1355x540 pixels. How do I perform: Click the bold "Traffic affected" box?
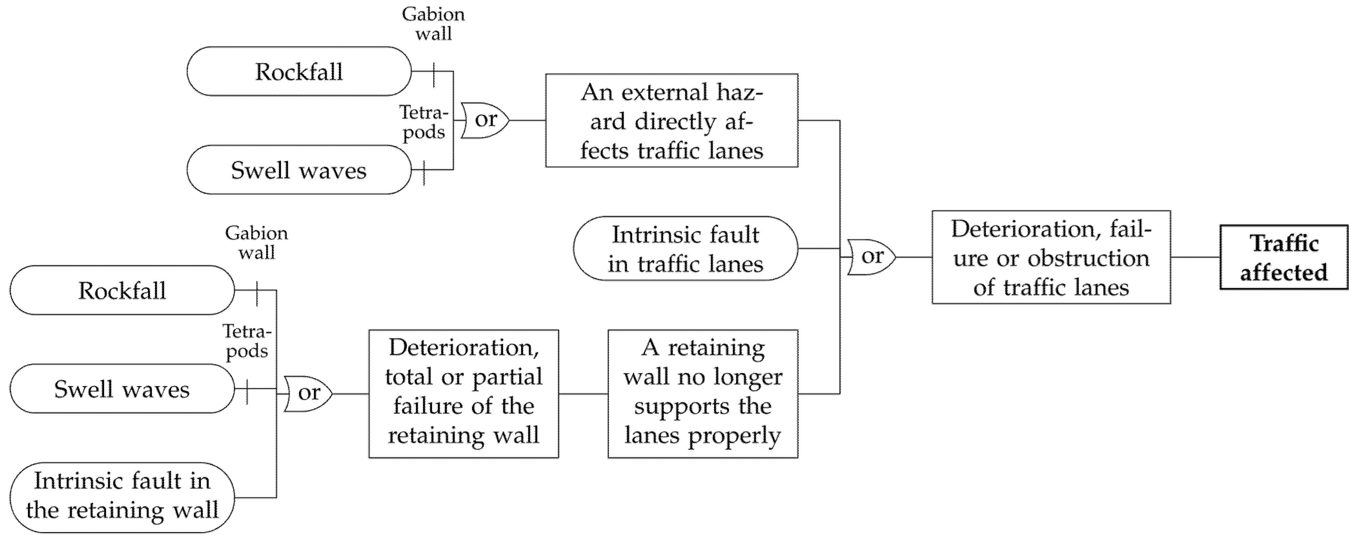click(1283, 257)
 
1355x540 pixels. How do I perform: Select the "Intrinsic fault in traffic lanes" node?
click(685, 248)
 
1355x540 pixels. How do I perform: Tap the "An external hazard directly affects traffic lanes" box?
click(672, 120)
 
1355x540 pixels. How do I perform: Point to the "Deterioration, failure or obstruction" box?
click(1051, 257)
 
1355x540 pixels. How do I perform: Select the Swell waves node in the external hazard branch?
click(299, 170)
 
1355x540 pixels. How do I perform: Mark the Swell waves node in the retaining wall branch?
click(122, 389)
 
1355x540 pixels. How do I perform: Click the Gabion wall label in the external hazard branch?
click(433, 24)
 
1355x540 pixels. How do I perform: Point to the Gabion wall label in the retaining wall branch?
click(257, 243)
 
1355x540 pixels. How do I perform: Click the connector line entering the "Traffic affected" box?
click(1195, 257)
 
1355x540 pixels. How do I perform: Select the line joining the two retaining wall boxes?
click(583, 394)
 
